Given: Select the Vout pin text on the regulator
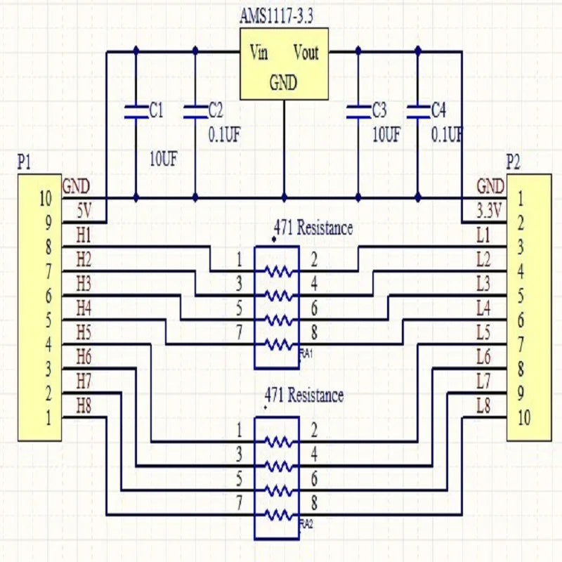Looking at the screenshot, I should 306,53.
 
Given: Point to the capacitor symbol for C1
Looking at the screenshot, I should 136,110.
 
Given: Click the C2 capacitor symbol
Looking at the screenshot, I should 195,110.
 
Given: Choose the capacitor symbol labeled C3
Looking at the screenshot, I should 358,110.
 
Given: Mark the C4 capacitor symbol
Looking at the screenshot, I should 418,110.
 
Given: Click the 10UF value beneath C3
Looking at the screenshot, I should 386,134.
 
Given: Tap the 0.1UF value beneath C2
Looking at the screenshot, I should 225,134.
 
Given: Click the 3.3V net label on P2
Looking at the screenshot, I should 490,210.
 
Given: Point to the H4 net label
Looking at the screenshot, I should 84,307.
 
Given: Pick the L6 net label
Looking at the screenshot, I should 483,356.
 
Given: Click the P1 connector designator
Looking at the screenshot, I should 24,162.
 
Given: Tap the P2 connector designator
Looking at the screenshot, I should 514,162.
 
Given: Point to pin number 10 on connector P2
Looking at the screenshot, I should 523,418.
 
